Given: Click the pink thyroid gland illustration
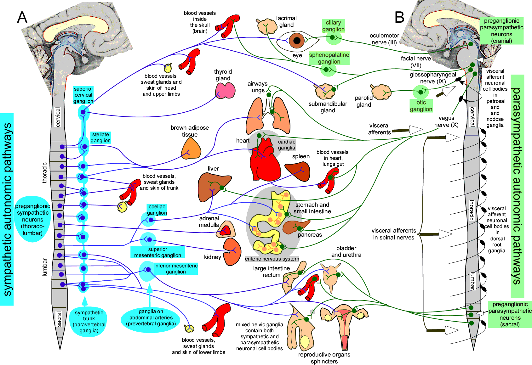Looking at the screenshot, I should click(225, 91).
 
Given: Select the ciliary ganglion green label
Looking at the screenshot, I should click(333, 26).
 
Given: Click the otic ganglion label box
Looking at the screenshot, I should click(421, 106).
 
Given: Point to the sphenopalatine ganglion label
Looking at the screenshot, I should click(329, 58).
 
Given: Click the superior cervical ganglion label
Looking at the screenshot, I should click(83, 95).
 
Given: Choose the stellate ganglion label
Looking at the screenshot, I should click(100, 138).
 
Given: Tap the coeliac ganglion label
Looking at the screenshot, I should click(157, 210).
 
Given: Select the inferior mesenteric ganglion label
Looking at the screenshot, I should click(176, 269).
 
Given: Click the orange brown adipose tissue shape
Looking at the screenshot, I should click(191, 149).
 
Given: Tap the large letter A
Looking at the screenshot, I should click(22, 17).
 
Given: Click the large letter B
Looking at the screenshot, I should click(399, 17).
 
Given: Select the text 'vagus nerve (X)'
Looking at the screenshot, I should click(446, 121).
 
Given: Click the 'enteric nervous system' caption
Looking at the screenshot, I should click(272, 259).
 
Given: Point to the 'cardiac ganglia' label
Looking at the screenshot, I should click(287, 145).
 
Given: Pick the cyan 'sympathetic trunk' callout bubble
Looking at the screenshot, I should click(89, 321).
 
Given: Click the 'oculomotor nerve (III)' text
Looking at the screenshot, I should click(384, 39).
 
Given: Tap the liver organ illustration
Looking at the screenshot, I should click(213, 187).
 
